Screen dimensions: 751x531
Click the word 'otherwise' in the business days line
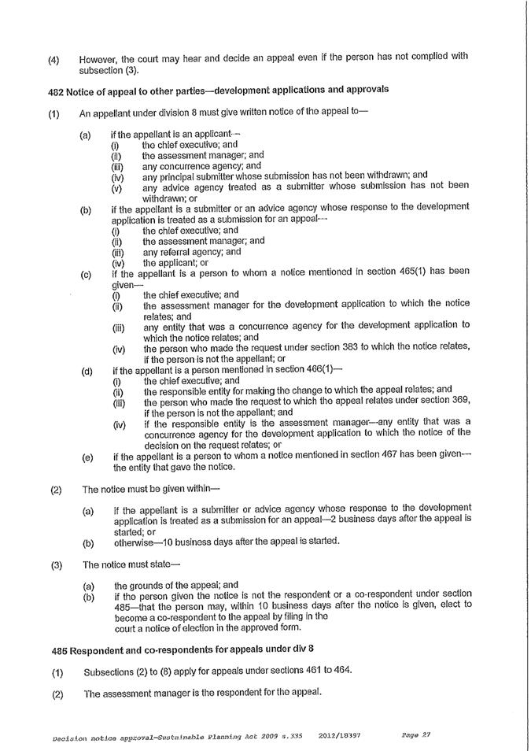(x=135, y=541)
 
